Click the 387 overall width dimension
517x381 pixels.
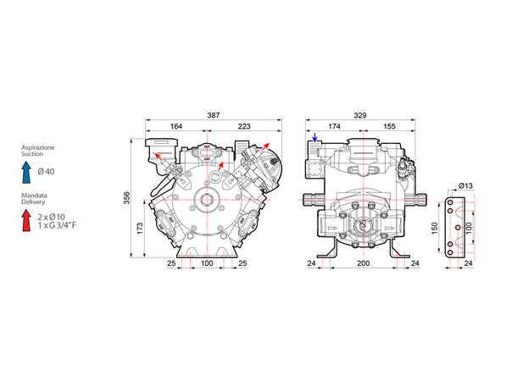click(x=214, y=115)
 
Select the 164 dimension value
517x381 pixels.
click(x=176, y=126)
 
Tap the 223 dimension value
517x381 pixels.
click(x=244, y=126)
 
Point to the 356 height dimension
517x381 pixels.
click(x=127, y=198)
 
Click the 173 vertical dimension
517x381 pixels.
click(x=140, y=229)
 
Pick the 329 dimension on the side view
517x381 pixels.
click(x=360, y=115)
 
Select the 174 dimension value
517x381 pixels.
click(x=334, y=126)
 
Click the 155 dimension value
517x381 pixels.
click(x=389, y=126)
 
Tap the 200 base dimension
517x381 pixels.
click(x=364, y=263)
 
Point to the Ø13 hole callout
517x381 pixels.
click(x=466, y=185)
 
